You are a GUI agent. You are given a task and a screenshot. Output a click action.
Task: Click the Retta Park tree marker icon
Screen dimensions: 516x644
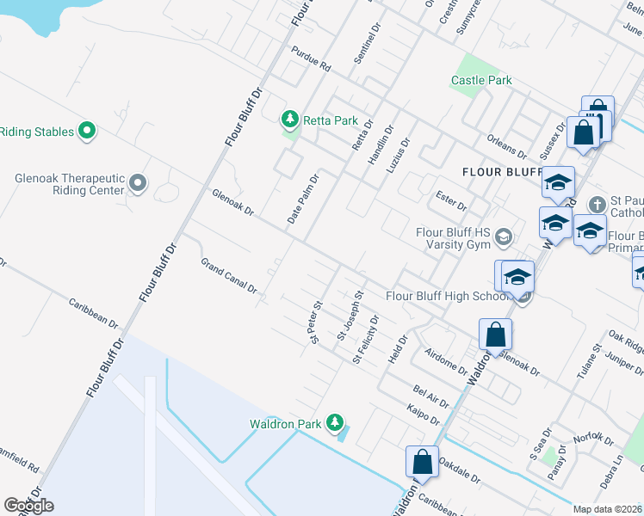click(291, 119)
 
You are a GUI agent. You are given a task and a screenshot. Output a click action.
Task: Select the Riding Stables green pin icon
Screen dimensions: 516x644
click(86, 132)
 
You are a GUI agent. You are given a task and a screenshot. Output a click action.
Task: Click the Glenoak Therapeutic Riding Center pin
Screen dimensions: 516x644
click(138, 182)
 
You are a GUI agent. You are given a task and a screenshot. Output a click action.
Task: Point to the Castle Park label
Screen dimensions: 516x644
click(481, 80)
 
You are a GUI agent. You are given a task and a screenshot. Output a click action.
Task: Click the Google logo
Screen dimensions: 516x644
click(28, 506)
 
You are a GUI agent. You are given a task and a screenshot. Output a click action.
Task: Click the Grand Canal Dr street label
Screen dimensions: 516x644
click(229, 275)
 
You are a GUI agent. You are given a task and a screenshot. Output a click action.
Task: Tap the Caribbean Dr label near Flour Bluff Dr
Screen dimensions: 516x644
click(94, 311)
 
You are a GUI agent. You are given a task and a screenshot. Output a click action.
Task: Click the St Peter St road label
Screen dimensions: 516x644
click(316, 321)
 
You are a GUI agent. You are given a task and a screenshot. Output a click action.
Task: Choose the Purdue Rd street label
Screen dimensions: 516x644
click(311, 58)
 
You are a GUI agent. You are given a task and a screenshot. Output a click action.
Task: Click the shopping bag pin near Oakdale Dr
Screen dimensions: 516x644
click(423, 461)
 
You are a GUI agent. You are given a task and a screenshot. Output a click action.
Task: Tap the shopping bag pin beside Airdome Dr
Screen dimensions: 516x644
click(496, 334)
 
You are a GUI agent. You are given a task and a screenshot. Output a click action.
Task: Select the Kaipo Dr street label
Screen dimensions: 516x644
click(424, 414)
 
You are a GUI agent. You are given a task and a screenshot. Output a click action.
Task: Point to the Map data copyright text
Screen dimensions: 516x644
click(607, 509)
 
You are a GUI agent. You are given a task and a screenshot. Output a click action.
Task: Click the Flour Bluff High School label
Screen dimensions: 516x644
click(449, 296)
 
